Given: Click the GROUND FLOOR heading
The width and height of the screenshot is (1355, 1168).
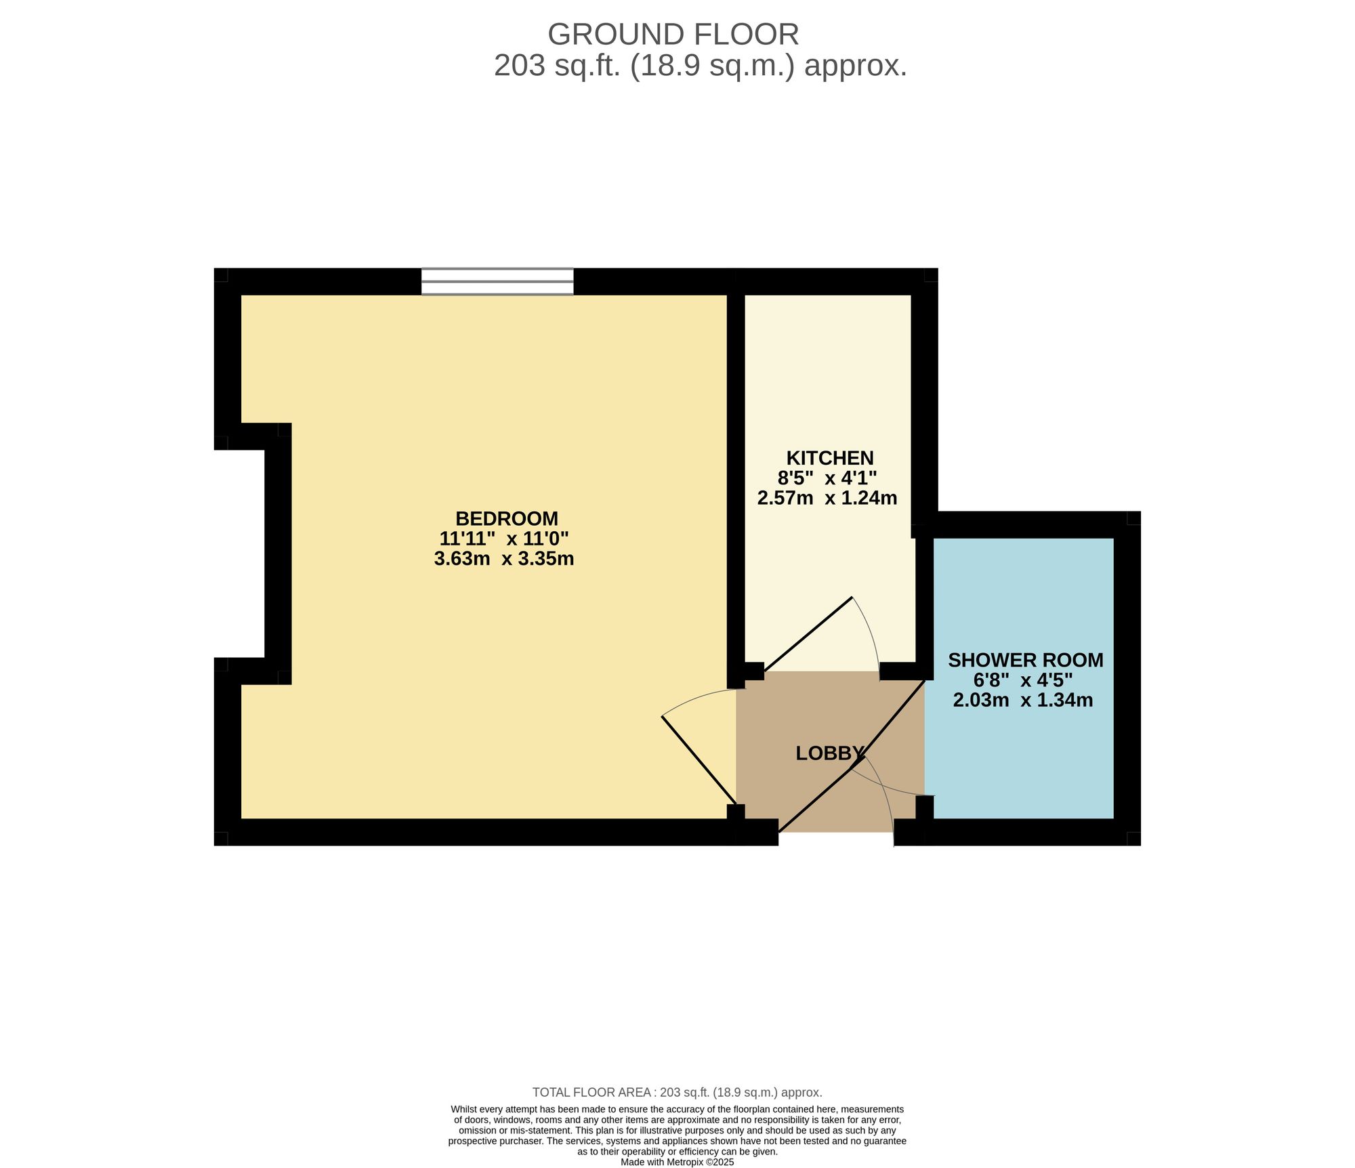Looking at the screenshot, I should point(673,34).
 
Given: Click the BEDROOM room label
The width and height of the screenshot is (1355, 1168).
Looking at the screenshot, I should point(506,518).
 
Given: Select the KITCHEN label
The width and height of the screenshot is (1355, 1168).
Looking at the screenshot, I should point(829,458).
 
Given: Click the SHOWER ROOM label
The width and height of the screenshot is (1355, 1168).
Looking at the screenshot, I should point(1025,660).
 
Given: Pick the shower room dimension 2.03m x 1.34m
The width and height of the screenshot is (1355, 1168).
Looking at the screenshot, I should point(1022,700).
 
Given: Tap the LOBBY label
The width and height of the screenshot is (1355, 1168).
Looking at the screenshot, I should point(829,753).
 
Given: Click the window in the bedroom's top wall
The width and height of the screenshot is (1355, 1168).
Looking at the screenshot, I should point(497,281).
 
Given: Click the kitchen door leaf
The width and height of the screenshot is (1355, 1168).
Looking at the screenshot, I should point(808,635).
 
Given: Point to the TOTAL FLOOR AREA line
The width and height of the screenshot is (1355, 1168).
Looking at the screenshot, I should point(677,1092).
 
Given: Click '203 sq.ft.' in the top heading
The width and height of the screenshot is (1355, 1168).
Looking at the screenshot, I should point(558,66).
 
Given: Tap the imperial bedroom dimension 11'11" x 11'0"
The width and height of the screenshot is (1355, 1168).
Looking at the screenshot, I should point(503,539).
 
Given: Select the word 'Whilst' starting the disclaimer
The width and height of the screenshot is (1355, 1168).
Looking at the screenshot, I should point(465,1109).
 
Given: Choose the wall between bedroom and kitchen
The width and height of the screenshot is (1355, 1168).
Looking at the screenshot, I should point(736,474).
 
